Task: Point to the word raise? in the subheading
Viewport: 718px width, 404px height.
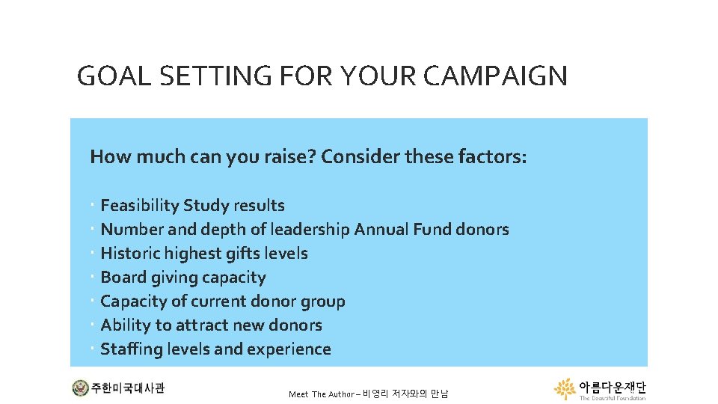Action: click(289, 157)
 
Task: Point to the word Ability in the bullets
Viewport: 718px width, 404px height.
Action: click(123, 325)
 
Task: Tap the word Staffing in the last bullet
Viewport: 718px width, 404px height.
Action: click(130, 349)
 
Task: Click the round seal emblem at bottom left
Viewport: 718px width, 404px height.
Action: click(79, 388)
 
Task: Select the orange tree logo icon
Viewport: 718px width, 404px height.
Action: click(565, 388)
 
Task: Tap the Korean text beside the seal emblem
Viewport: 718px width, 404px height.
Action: click(128, 388)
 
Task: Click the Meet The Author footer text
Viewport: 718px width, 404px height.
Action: click(368, 394)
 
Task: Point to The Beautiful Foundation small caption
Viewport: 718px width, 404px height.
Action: click(613, 398)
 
